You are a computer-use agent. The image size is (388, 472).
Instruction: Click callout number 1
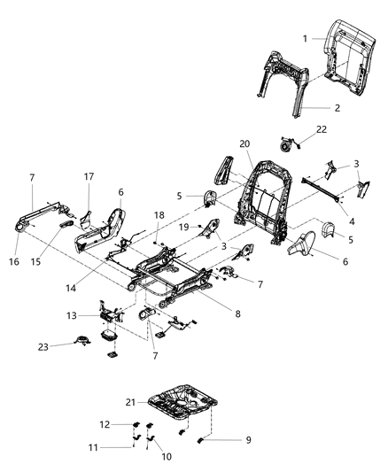click(306, 39)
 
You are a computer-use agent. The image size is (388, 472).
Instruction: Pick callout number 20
click(244, 144)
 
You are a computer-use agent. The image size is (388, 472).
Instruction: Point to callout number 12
click(103, 424)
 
